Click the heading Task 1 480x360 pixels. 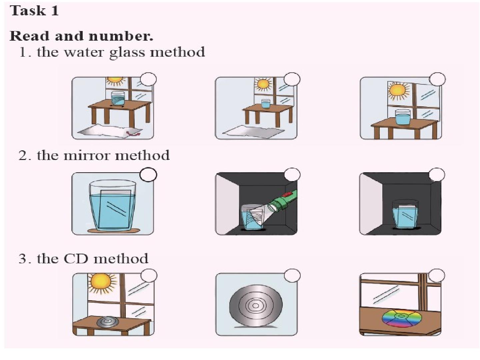34,11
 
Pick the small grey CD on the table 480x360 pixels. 108,322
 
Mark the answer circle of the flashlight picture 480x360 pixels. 292,175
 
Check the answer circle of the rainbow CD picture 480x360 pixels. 437,276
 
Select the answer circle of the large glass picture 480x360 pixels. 148,175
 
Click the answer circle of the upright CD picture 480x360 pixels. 292,276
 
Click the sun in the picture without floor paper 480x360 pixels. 398,90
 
